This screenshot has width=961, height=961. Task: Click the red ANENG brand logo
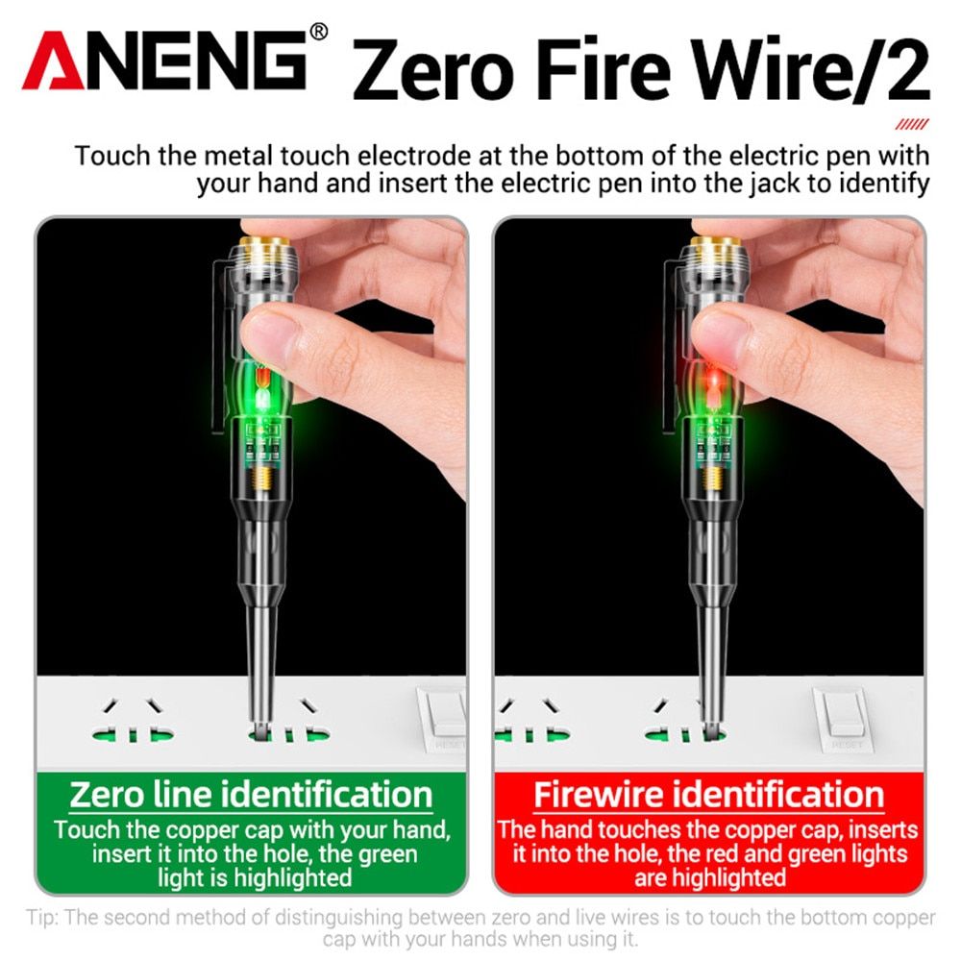click(x=165, y=61)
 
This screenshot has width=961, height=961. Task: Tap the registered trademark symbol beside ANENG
click(x=319, y=32)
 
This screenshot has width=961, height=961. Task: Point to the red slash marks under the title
click(x=912, y=124)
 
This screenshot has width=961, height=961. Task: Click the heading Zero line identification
click(x=251, y=795)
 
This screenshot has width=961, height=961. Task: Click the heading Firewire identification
click(x=709, y=795)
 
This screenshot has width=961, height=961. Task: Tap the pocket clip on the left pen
click(x=220, y=343)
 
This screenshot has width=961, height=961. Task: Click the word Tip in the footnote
click(x=41, y=918)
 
